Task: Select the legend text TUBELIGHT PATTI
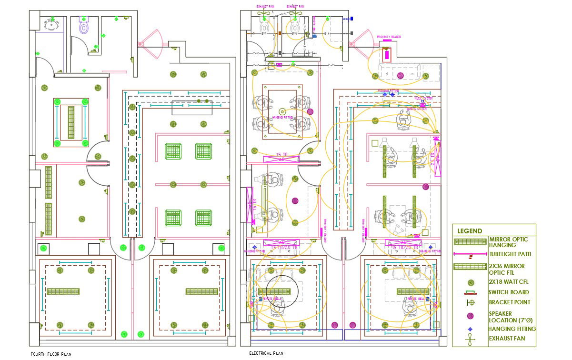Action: click(510, 254)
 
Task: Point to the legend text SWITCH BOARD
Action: click(508, 292)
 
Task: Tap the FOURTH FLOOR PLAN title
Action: click(51, 354)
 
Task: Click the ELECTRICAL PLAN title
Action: click(266, 353)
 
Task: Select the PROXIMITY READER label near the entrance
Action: click(389, 37)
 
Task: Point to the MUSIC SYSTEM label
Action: click(423, 99)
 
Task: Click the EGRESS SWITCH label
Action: click(417, 109)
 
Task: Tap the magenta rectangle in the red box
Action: click(387, 55)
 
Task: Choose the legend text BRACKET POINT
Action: click(509, 302)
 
